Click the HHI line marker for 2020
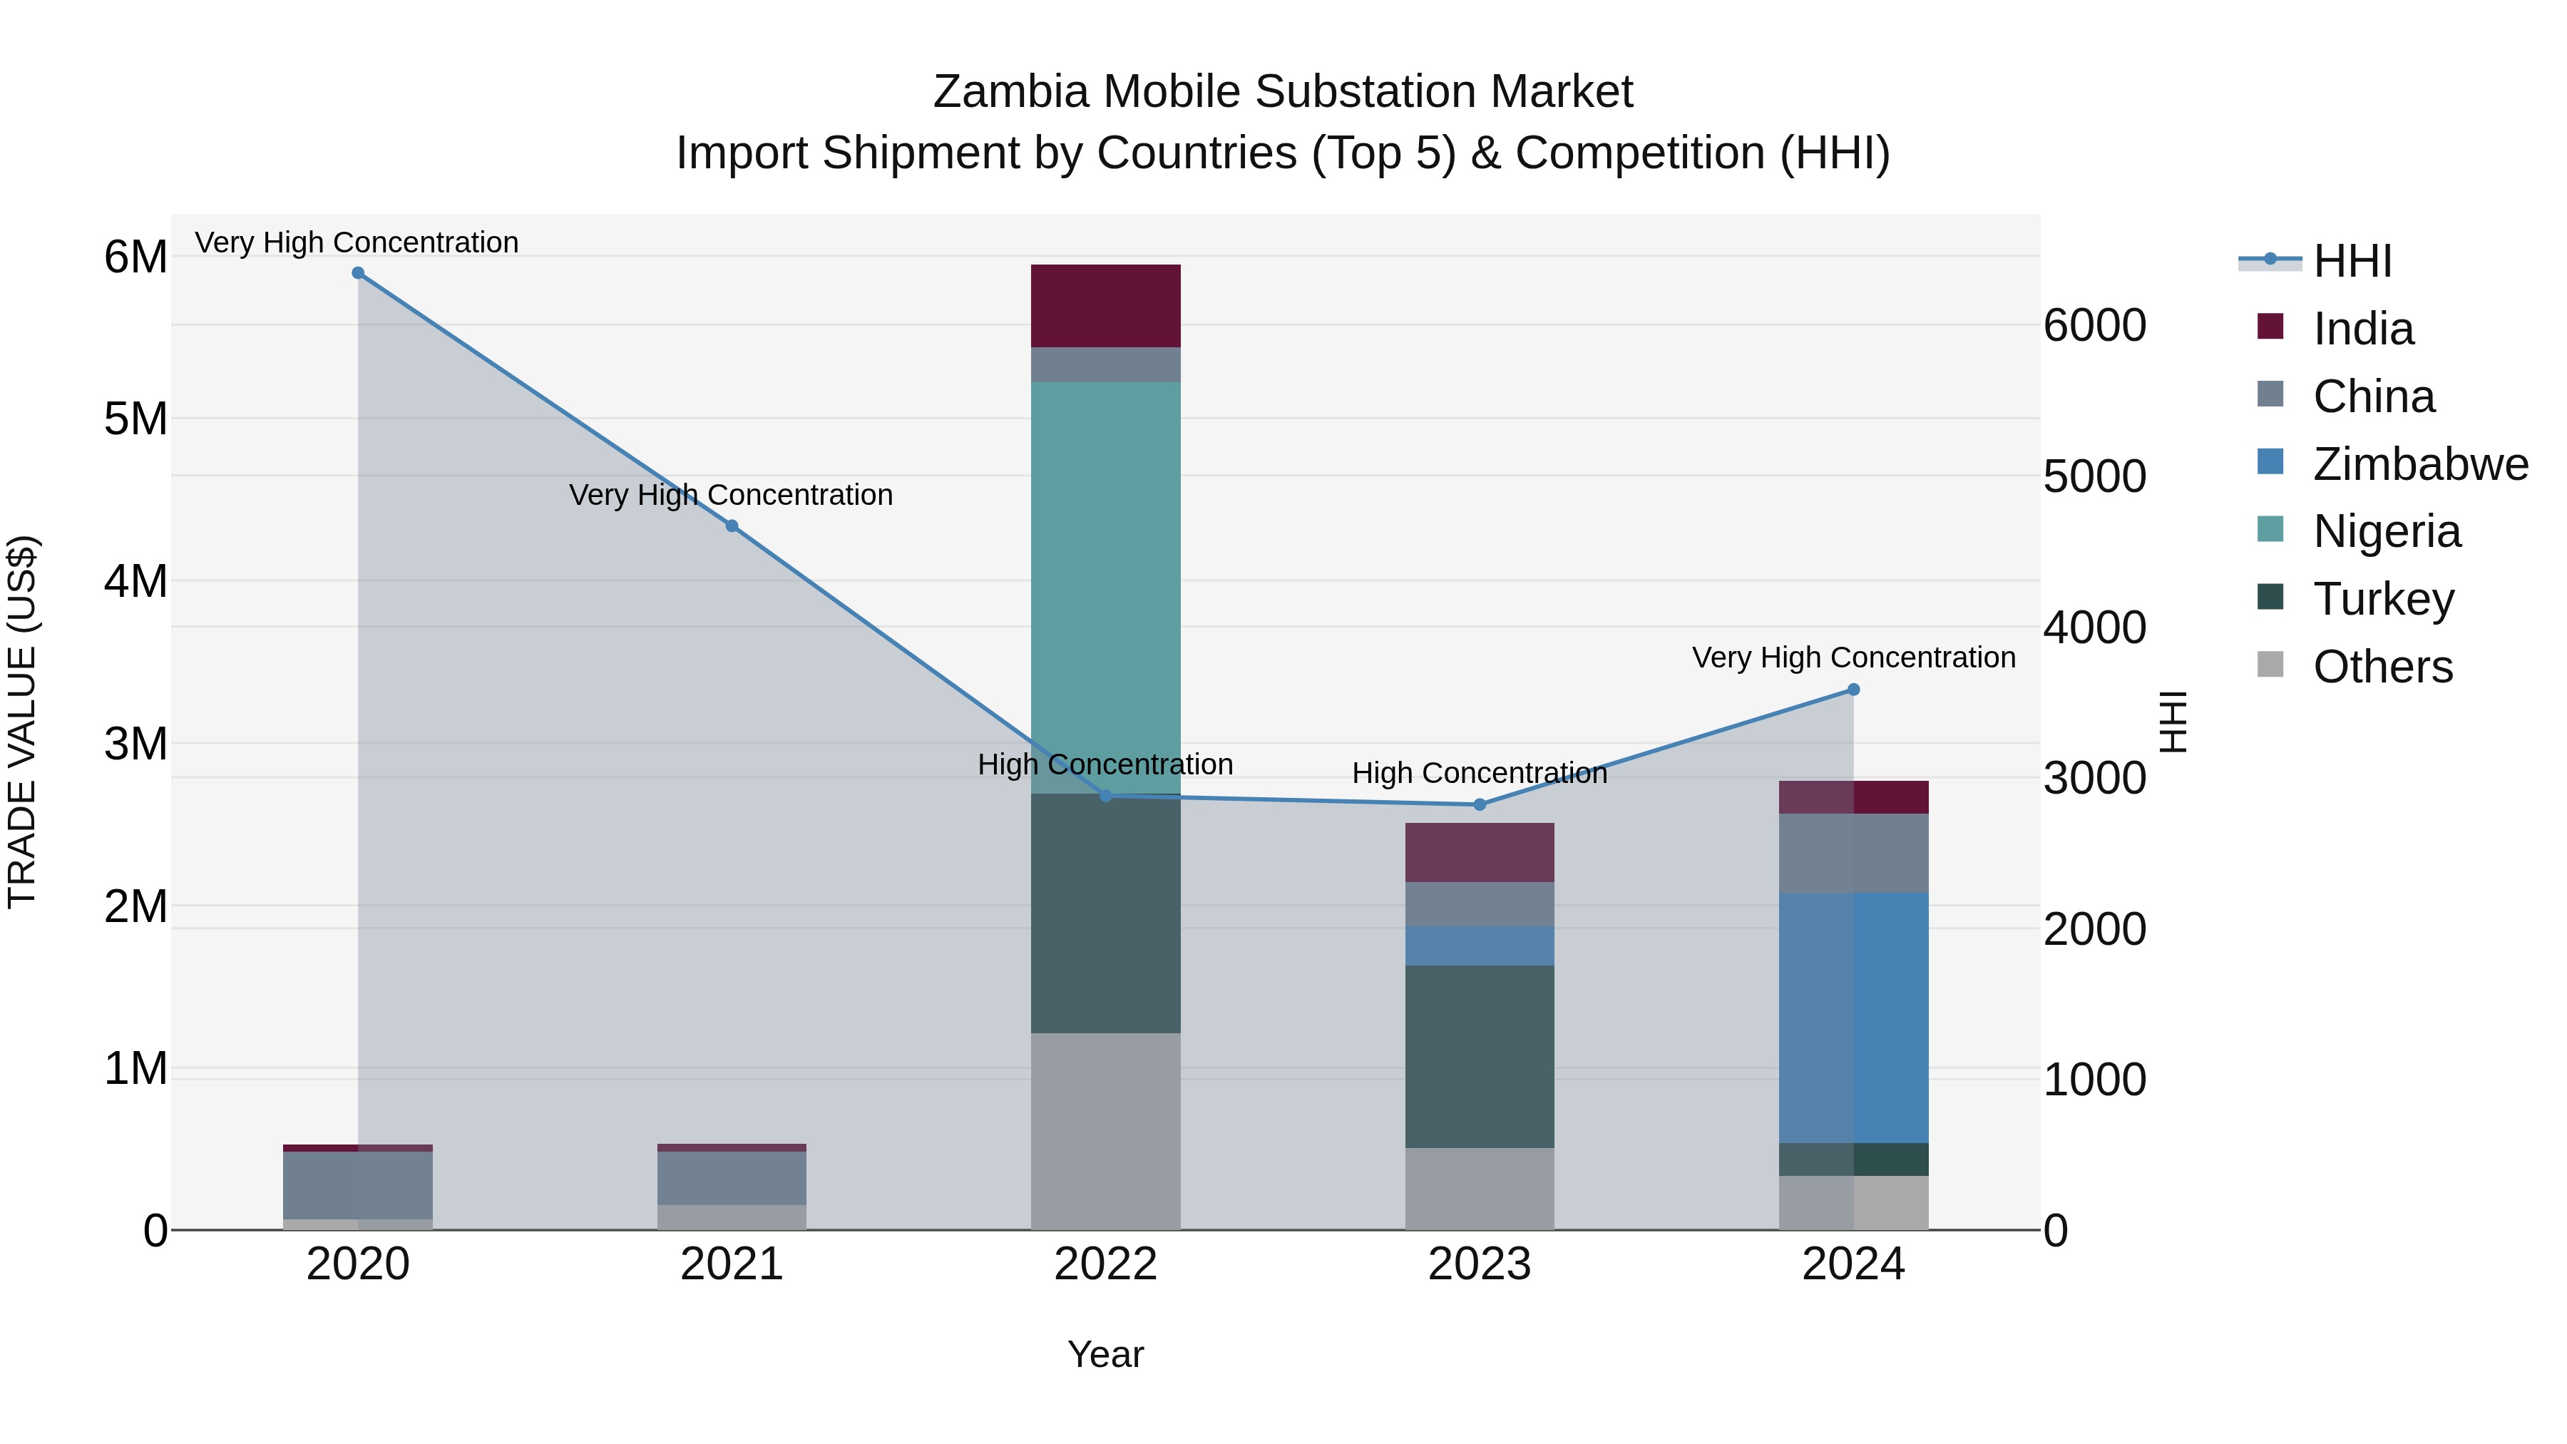[x=358, y=273]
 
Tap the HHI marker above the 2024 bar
[x=1853, y=690]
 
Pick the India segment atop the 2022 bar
[x=1105, y=306]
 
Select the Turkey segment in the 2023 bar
[x=1479, y=1056]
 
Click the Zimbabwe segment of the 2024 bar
[x=1853, y=1016]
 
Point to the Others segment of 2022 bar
[x=1105, y=1131]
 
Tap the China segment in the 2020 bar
[x=358, y=1185]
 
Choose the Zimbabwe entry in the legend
[x=2419, y=464]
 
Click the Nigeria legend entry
[x=2386, y=531]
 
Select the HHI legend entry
[x=2352, y=261]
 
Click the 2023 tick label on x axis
[x=1479, y=1264]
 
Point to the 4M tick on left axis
[x=135, y=581]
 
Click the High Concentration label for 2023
[x=1479, y=773]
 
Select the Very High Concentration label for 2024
[x=1853, y=657]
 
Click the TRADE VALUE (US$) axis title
[x=22, y=722]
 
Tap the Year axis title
[x=1105, y=1354]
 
